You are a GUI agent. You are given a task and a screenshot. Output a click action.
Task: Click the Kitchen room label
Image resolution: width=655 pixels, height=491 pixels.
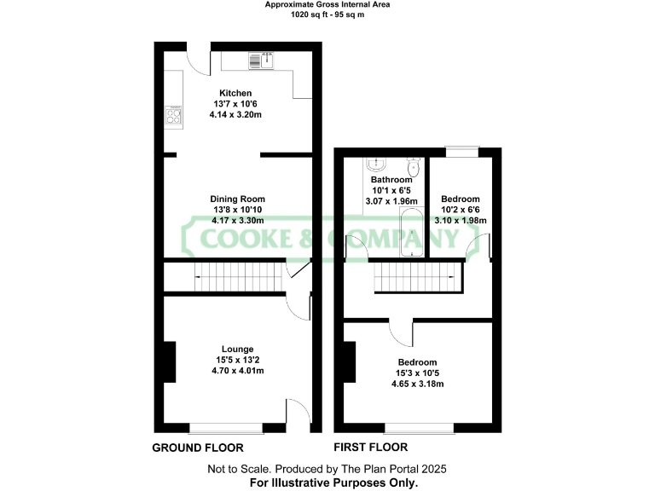click(235, 93)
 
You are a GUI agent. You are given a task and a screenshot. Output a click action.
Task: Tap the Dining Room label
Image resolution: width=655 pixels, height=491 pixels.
click(237, 199)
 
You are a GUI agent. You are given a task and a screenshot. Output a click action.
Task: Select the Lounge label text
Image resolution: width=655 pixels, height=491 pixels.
click(237, 349)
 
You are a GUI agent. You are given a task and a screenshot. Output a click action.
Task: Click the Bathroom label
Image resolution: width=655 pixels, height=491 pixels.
click(391, 180)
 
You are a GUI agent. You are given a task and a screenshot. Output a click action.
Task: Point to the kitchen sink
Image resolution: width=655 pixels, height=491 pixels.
click(261, 60)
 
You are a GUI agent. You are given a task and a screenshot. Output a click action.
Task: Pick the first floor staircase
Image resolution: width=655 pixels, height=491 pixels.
click(411, 276)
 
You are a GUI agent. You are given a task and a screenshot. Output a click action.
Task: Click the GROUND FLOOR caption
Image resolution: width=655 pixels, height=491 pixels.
click(197, 448)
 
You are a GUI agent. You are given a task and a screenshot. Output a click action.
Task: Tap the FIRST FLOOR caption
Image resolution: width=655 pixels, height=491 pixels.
click(372, 448)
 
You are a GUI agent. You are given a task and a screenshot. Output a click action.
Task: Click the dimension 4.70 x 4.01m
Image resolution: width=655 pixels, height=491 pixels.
click(237, 371)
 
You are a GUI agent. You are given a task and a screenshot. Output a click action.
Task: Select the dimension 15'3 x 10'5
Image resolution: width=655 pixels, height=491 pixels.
click(417, 373)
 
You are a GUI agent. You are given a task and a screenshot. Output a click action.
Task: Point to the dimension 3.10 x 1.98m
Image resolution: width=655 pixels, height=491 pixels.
click(461, 220)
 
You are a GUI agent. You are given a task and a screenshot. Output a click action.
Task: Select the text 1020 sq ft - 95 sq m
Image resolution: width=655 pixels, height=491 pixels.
click(327, 14)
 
